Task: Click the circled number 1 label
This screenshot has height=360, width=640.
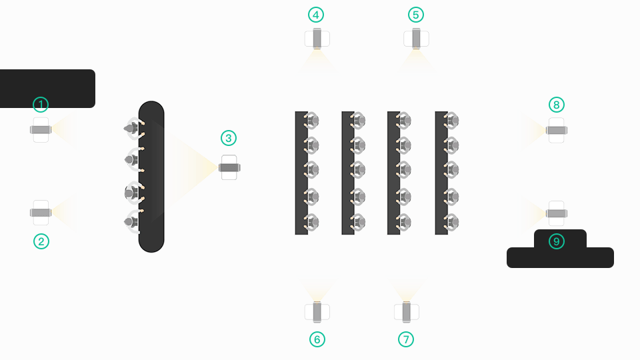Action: tap(41, 105)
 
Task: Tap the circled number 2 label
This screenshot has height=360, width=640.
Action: tap(41, 241)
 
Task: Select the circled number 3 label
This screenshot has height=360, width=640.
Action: tap(229, 139)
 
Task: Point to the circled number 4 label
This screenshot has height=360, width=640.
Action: tap(317, 15)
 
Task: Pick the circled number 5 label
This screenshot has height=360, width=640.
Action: tap(416, 15)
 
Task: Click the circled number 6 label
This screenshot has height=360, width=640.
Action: tap(317, 339)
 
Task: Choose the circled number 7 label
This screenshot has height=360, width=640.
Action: tap(406, 339)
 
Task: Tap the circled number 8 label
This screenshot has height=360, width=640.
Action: tap(557, 105)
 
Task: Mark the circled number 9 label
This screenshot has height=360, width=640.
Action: tap(557, 241)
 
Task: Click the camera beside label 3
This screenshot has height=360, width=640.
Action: tap(229, 167)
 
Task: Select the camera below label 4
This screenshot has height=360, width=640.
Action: tap(317, 39)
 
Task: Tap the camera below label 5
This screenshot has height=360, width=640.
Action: tap(416, 38)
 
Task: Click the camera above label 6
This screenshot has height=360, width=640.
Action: tap(317, 311)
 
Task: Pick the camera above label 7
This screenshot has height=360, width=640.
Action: tap(406, 312)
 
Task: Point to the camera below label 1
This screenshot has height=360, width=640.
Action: tap(41, 130)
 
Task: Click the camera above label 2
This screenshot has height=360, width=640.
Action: tap(41, 213)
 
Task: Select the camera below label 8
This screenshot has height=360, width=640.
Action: tap(557, 131)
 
